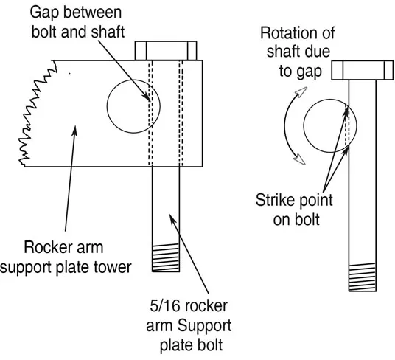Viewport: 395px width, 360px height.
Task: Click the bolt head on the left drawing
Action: tap(166, 51)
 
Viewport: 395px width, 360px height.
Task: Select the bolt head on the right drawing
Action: tap(362, 70)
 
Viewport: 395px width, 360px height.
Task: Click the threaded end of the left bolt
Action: tap(166, 258)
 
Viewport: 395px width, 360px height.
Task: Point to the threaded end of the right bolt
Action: tap(363, 277)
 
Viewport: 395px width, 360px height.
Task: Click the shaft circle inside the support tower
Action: tap(107, 106)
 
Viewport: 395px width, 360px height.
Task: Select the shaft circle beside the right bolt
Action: tap(304, 125)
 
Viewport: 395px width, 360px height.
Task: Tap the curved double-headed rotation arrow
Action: tap(284, 125)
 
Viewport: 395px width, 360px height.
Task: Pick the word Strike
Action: tap(274, 200)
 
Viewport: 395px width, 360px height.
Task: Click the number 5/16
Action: tap(165, 306)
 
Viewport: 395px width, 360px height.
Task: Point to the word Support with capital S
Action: tap(204, 326)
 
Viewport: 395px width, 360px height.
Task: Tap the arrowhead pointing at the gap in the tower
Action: tap(147, 97)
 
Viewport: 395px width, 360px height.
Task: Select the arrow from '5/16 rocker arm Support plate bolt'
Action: tap(189, 254)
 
